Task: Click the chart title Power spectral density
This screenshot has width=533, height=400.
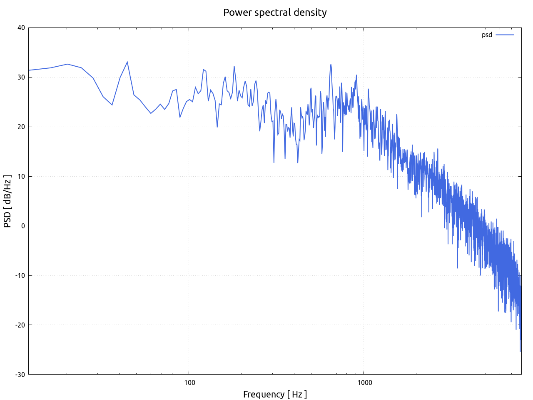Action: click(275, 12)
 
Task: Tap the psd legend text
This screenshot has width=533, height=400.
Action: click(487, 35)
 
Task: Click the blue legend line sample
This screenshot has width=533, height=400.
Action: click(505, 35)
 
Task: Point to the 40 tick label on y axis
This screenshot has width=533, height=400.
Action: click(21, 28)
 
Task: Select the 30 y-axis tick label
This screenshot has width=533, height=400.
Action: click(21, 77)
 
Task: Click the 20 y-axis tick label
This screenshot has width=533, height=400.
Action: click(21, 127)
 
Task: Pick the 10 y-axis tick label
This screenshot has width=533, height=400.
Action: click(21, 177)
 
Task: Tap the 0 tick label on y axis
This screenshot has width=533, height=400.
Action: click(23, 226)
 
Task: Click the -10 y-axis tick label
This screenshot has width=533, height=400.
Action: click(20, 275)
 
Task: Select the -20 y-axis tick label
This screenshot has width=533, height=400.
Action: click(20, 325)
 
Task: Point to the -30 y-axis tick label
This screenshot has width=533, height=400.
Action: click(20, 375)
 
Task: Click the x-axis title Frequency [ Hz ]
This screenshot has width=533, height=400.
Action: click(275, 395)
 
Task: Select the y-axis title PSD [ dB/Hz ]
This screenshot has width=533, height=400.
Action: click(7, 201)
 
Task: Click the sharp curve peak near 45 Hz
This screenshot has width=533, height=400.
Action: click(127, 62)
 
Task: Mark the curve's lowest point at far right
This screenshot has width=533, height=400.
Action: click(520, 351)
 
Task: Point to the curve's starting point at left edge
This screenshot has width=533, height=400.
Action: click(29, 70)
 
